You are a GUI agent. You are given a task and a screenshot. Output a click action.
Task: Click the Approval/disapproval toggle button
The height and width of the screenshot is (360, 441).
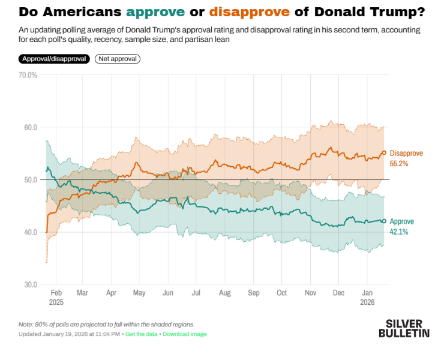(54, 59)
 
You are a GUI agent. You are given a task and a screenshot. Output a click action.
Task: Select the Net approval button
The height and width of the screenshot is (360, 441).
(117, 59)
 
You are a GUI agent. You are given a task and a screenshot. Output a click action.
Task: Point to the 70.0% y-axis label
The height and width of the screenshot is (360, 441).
(28, 75)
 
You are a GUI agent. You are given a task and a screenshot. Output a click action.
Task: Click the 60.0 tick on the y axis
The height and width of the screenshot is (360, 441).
(29, 127)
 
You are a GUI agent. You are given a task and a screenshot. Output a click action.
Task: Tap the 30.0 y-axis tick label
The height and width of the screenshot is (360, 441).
(29, 284)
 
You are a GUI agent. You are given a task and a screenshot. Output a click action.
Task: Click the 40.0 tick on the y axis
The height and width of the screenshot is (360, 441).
(29, 232)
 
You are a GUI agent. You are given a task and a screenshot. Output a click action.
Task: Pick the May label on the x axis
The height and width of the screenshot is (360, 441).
(139, 293)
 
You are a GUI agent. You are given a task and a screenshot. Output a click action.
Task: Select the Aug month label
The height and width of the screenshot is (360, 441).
(224, 293)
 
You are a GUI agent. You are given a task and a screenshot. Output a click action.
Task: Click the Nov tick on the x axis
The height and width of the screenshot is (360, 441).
(310, 293)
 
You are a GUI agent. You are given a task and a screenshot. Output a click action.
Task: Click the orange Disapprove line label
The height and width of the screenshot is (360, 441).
(406, 154)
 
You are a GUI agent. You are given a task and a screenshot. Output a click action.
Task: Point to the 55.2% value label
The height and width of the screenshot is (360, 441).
(399, 163)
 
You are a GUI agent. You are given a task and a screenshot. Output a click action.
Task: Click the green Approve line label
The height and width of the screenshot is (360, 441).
(402, 221)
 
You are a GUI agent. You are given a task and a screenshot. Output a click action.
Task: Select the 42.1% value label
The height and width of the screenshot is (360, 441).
(399, 231)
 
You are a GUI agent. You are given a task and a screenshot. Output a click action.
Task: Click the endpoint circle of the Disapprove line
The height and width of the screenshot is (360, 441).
(384, 152)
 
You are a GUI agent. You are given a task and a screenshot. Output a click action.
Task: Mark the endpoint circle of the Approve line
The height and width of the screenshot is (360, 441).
(384, 221)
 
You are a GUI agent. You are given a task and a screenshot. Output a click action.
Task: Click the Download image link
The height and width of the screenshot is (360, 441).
(184, 334)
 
